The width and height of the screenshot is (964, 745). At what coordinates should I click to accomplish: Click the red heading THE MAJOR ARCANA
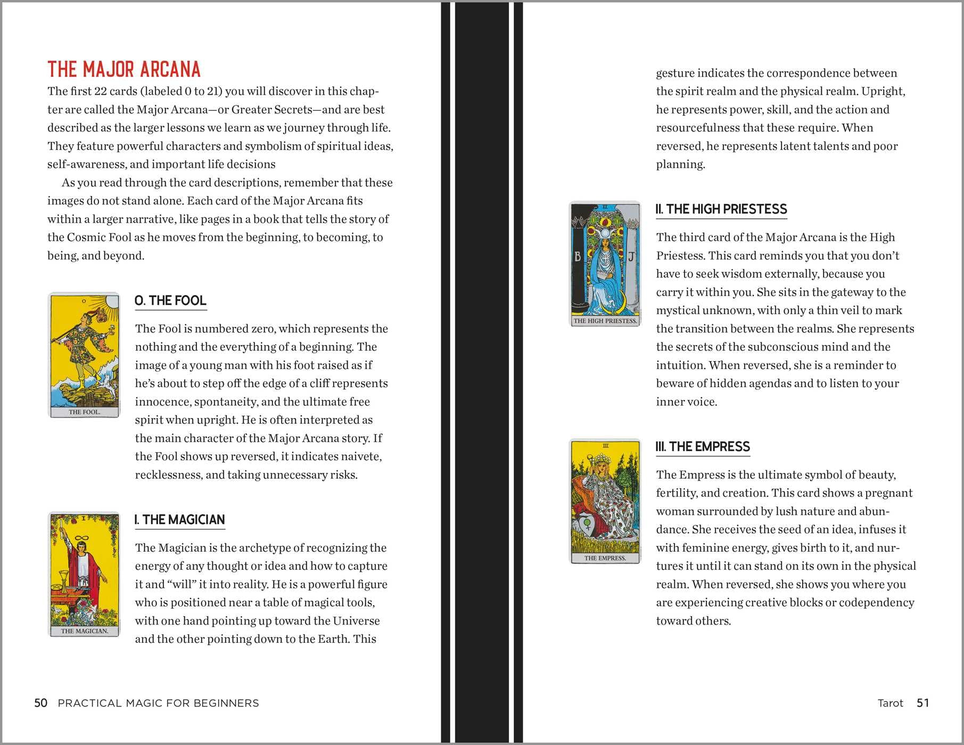pos(124,70)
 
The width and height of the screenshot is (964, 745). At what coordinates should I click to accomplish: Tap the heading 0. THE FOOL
pos(170,301)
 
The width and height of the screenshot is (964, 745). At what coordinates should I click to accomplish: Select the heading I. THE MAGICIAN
pos(180,520)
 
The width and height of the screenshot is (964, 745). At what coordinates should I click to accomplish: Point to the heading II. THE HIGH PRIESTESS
pos(721,209)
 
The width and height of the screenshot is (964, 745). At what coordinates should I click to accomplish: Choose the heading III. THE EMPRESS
pos(703,447)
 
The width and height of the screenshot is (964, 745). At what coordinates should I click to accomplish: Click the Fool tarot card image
pos(84,355)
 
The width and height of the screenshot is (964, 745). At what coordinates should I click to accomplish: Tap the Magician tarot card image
pos(84,574)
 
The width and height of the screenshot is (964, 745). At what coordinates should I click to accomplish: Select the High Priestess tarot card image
pos(605,264)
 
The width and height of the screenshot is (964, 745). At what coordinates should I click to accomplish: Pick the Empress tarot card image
pos(605,501)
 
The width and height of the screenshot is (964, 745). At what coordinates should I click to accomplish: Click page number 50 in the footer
pos(41,703)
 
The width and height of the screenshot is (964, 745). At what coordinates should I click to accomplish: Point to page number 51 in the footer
pos(922,703)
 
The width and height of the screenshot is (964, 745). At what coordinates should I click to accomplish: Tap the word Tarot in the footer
pos(890,703)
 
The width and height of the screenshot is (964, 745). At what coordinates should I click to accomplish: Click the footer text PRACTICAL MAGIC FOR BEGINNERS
pos(158,703)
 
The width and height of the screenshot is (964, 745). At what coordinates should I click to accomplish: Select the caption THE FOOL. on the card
pos(84,412)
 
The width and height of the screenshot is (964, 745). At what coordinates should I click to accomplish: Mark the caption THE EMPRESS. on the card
pos(605,558)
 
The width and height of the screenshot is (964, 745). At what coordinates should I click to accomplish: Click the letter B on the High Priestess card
pos(578,257)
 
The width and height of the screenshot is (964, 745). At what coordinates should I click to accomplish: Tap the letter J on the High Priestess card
pos(631,257)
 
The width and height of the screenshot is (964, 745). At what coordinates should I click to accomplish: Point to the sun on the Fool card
pos(111,303)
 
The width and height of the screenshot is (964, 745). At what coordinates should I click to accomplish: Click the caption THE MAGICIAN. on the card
pos(84,631)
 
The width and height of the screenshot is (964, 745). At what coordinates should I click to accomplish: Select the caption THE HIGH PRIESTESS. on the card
pos(605,321)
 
